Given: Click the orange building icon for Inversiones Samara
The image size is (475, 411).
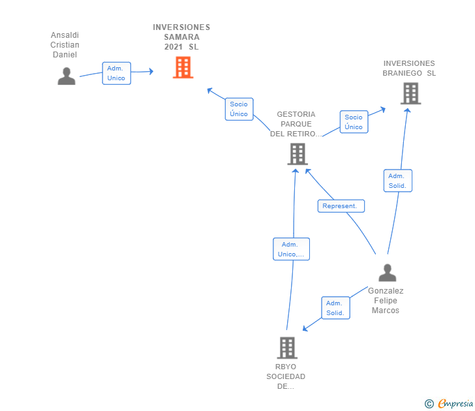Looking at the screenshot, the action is pyautogui.click(x=183, y=67).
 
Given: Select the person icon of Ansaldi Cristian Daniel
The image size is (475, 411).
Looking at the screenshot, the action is pyautogui.click(x=67, y=76).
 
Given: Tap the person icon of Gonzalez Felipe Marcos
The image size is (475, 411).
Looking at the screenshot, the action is pyautogui.click(x=387, y=273).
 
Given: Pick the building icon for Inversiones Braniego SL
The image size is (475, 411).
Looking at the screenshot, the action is pyautogui.click(x=411, y=93).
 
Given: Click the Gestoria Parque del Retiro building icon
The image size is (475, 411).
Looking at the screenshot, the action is pyautogui.click(x=298, y=154).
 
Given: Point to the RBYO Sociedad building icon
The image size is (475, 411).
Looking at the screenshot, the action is pyautogui.click(x=287, y=348).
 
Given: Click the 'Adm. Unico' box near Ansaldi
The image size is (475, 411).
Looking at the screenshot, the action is pyautogui.click(x=116, y=73).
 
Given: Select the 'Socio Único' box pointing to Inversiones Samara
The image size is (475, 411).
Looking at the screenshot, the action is pyautogui.click(x=239, y=109).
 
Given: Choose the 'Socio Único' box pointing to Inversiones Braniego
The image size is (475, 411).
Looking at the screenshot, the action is pyautogui.click(x=354, y=122).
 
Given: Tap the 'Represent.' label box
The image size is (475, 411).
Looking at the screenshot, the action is pyautogui.click(x=341, y=206).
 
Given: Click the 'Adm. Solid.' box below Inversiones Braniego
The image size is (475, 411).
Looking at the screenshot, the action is pyautogui.click(x=398, y=181).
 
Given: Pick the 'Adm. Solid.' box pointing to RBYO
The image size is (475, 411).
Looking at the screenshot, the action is pyautogui.click(x=335, y=308).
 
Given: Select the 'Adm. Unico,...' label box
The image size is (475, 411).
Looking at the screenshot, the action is pyautogui.click(x=291, y=249).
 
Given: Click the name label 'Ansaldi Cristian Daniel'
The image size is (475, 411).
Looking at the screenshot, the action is pyautogui.click(x=65, y=45).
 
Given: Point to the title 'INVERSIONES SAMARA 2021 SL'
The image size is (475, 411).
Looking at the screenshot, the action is pyautogui.click(x=181, y=37).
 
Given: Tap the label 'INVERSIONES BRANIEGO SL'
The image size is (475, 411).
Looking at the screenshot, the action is pyautogui.click(x=409, y=68).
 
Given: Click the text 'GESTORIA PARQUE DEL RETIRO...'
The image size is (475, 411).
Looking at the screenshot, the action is pyautogui.click(x=296, y=124).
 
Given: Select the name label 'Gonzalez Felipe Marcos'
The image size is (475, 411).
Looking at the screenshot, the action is pyautogui.click(x=386, y=301).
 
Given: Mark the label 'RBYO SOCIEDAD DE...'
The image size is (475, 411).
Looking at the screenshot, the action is pyautogui.click(x=286, y=376).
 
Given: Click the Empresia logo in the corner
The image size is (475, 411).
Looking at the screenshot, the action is pyautogui.click(x=449, y=403).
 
